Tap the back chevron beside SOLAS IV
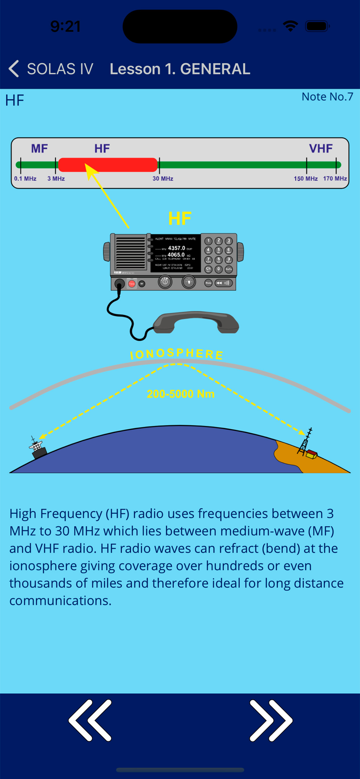[14, 69]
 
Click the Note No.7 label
[327, 97]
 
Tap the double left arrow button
[90, 720]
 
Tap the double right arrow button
[270, 720]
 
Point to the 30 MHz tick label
[163, 179]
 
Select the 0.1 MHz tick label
[25, 179]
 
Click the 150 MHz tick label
[305, 179]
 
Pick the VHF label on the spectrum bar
[321, 148]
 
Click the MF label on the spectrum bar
[39, 148]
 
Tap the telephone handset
[196, 323]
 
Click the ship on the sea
[37, 448]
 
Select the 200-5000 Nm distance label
[180, 394]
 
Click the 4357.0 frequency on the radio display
[176, 248]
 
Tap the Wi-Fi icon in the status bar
[290, 26]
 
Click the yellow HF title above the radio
[180, 219]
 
